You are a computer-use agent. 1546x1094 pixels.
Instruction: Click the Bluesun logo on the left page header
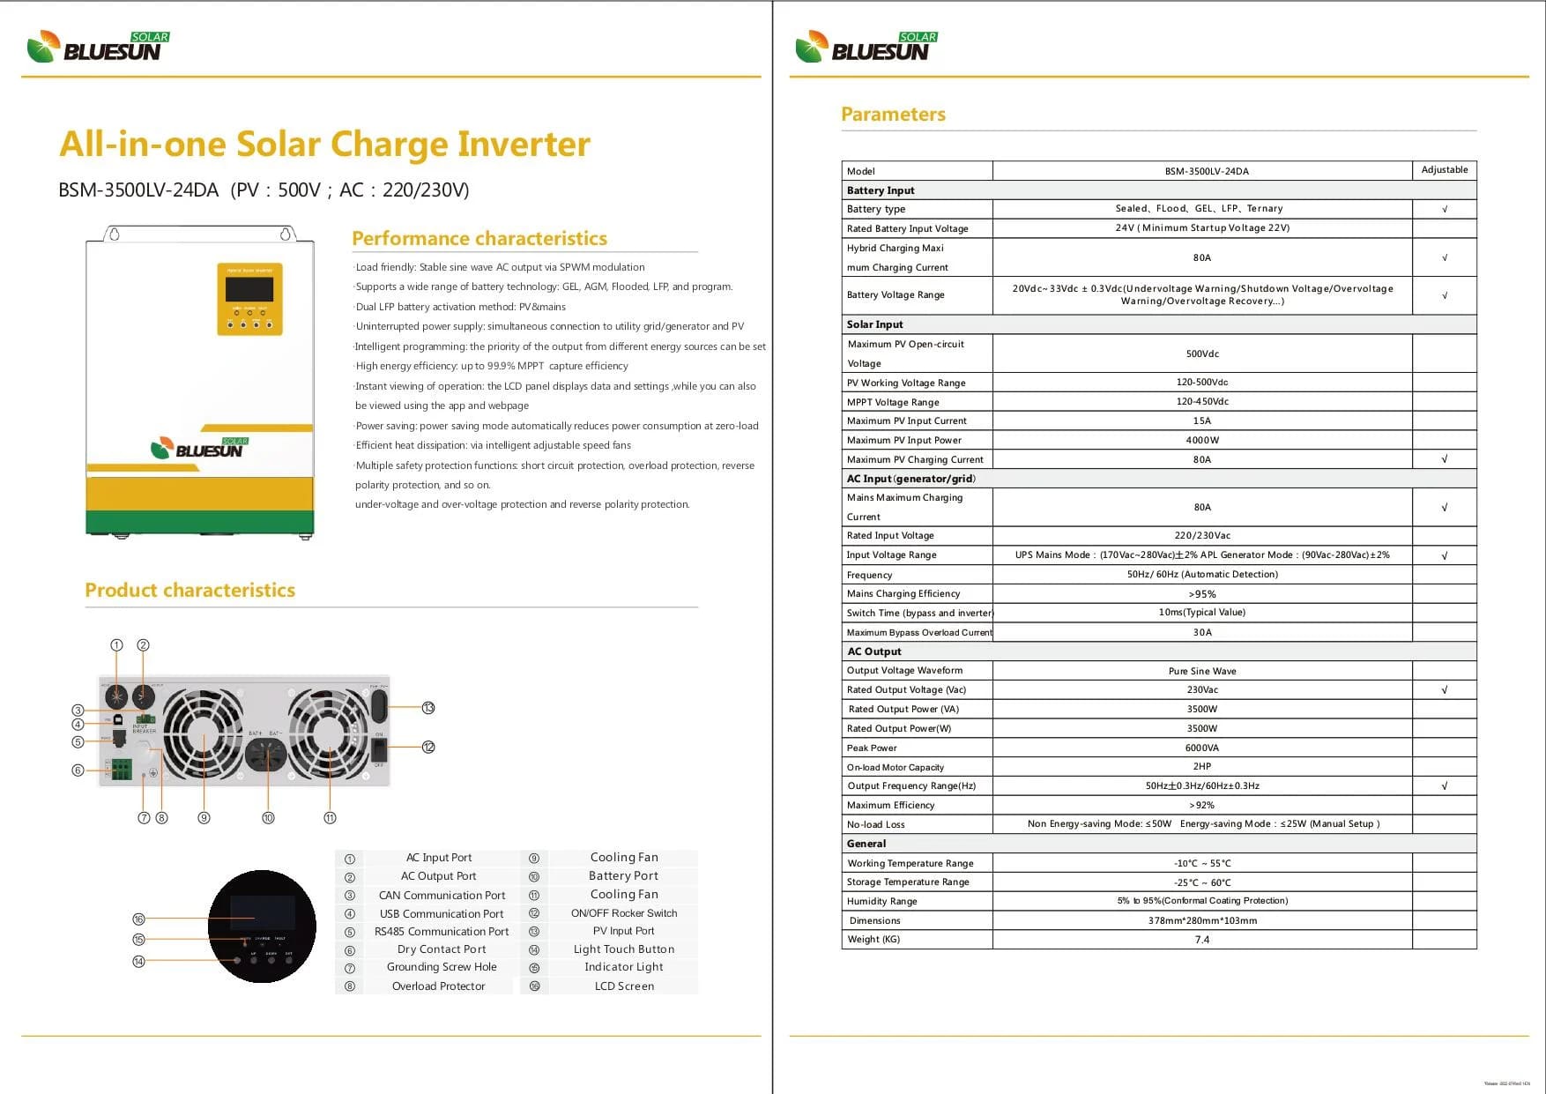coord(98,48)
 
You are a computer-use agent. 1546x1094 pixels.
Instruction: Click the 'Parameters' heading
coord(893,114)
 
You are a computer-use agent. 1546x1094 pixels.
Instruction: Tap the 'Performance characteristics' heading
coord(479,238)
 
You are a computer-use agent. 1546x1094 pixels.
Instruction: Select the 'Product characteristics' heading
coord(190,590)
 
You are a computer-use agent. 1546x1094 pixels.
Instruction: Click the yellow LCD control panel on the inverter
coord(250,299)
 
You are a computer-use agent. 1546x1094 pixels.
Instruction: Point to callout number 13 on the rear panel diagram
coord(428,708)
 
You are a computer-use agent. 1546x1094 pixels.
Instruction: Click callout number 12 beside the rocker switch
coord(428,747)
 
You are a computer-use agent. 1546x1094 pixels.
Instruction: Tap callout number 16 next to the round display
coord(138,919)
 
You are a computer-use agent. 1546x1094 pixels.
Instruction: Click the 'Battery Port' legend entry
coord(623,876)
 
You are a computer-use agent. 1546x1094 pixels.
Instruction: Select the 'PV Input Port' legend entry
coord(623,931)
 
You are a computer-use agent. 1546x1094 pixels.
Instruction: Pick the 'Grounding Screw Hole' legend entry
coord(442,967)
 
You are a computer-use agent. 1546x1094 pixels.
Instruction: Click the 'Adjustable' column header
coord(1444,170)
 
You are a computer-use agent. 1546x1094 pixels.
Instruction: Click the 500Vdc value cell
coord(1202,354)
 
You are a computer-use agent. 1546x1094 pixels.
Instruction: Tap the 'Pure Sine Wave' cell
coord(1202,671)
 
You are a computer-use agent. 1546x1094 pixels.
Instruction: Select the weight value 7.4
coord(1202,940)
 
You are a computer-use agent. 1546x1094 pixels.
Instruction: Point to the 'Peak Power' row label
coord(872,748)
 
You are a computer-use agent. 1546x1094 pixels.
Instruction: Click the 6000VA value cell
coord(1202,748)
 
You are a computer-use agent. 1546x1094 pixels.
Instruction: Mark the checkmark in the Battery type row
coord(1444,209)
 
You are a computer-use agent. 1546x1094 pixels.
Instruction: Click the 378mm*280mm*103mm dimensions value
coord(1202,920)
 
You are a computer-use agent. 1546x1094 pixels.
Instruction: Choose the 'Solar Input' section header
coord(874,324)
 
